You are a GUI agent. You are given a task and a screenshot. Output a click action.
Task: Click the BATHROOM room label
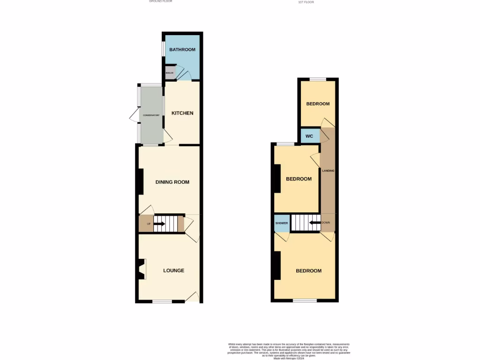click(182, 50)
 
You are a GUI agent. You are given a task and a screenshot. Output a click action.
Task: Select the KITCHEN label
click(182, 113)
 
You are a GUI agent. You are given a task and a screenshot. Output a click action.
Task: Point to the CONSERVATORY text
click(151, 115)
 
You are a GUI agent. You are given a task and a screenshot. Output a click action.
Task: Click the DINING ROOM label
click(172, 182)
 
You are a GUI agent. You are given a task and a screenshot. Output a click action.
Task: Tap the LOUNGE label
click(173, 270)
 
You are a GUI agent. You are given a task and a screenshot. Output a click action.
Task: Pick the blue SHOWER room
click(281, 223)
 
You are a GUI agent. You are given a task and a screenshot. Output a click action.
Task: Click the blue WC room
click(309, 136)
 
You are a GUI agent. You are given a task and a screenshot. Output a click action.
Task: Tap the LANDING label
click(328, 171)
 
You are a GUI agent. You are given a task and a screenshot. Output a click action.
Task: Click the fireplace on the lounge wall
click(142, 270)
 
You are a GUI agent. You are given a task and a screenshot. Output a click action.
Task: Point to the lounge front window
click(162, 301)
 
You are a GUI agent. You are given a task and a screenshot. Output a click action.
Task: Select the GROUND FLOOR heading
click(161, 1)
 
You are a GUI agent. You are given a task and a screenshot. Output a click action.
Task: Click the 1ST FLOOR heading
click(306, 2)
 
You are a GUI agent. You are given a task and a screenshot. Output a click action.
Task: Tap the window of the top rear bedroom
click(318, 79)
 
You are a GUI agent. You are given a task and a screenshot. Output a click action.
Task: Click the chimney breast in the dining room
click(140, 181)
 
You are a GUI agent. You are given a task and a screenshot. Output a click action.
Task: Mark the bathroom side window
click(163, 49)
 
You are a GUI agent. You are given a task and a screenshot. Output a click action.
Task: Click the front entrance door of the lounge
click(193, 296)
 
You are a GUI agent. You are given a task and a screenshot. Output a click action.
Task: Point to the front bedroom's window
click(305, 300)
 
